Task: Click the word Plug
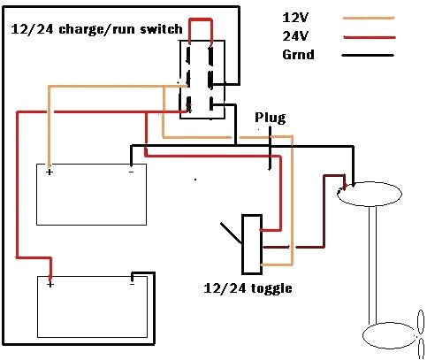point(270,117)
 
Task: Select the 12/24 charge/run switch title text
point(96,29)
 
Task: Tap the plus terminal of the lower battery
point(50,284)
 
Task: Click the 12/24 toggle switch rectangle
point(251,243)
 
